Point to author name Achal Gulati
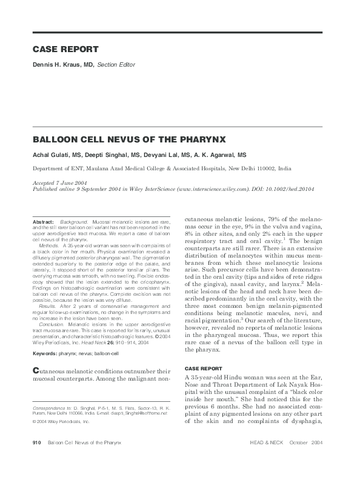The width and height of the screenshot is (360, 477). (51, 155)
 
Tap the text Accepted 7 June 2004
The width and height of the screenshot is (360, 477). (61, 183)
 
